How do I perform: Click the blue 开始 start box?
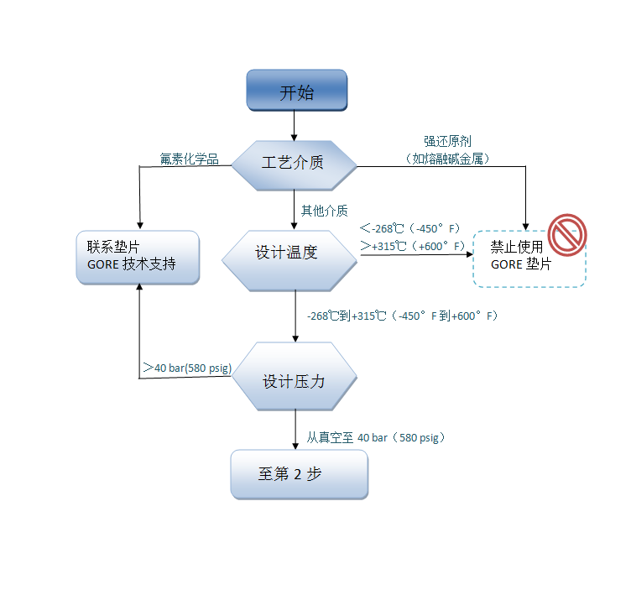(296, 91)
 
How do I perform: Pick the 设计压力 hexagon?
(295, 380)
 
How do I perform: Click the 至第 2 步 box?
(299, 474)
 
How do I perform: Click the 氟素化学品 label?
(190, 159)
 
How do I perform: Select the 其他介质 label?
(325, 210)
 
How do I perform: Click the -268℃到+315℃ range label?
(403, 316)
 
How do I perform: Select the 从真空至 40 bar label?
(374, 437)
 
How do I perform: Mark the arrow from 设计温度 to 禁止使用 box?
(415, 258)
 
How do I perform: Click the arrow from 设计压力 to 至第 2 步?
(295, 431)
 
